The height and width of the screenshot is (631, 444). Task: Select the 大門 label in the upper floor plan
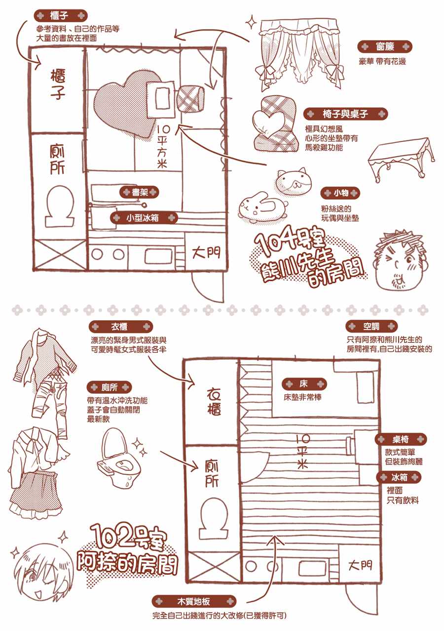pyautogui.click(x=206, y=252)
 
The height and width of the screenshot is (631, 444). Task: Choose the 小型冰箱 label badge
pyautogui.click(x=144, y=218)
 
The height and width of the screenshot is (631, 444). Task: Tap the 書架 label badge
pyautogui.click(x=140, y=192)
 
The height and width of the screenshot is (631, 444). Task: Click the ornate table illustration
pyautogui.click(x=401, y=157)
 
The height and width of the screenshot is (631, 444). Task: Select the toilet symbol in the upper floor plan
pyautogui.click(x=59, y=207)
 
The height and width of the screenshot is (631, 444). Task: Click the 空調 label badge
pyautogui.click(x=371, y=327)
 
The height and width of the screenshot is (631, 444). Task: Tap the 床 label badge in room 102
pyautogui.click(x=304, y=383)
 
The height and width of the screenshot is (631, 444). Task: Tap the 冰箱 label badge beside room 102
pyautogui.click(x=399, y=477)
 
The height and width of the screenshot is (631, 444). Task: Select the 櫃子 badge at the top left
pyautogui.click(x=60, y=16)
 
